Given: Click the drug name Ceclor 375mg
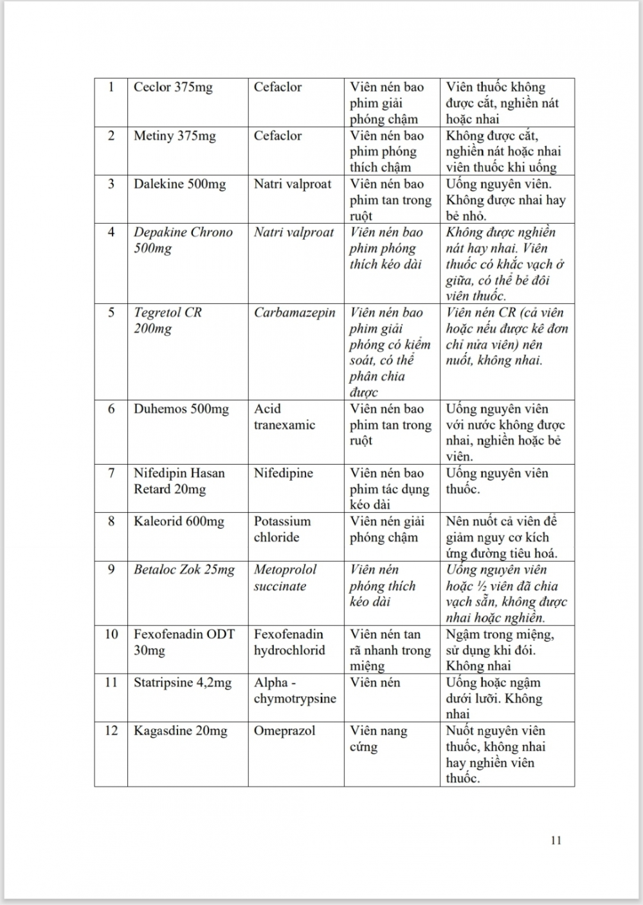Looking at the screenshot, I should point(173,87).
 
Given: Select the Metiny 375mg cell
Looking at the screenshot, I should point(174,136).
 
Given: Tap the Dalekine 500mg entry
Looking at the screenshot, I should point(179,184).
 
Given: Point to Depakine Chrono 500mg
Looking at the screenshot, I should point(183,240).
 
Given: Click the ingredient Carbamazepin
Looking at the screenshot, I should point(294,313).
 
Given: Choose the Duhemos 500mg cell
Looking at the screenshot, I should point(181,409).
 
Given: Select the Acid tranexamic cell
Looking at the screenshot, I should point(284,417).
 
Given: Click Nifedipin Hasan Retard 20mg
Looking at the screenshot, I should point(179,481).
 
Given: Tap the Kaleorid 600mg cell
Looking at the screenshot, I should point(179,522).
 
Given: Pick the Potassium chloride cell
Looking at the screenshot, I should point(282,530).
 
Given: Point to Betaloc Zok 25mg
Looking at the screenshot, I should point(184,570).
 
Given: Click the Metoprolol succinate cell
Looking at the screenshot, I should point(285,578).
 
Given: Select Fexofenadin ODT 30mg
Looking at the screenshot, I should point(184,642).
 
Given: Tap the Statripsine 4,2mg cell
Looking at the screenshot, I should point(182,683).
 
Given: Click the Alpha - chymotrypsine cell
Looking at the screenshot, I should point(294,690).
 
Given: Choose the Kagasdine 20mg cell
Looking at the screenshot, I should point(180,731).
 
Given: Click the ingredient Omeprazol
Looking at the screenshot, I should point(284,731).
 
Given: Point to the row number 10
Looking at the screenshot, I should point(111,634).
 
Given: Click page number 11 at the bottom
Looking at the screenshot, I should point(556,840).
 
